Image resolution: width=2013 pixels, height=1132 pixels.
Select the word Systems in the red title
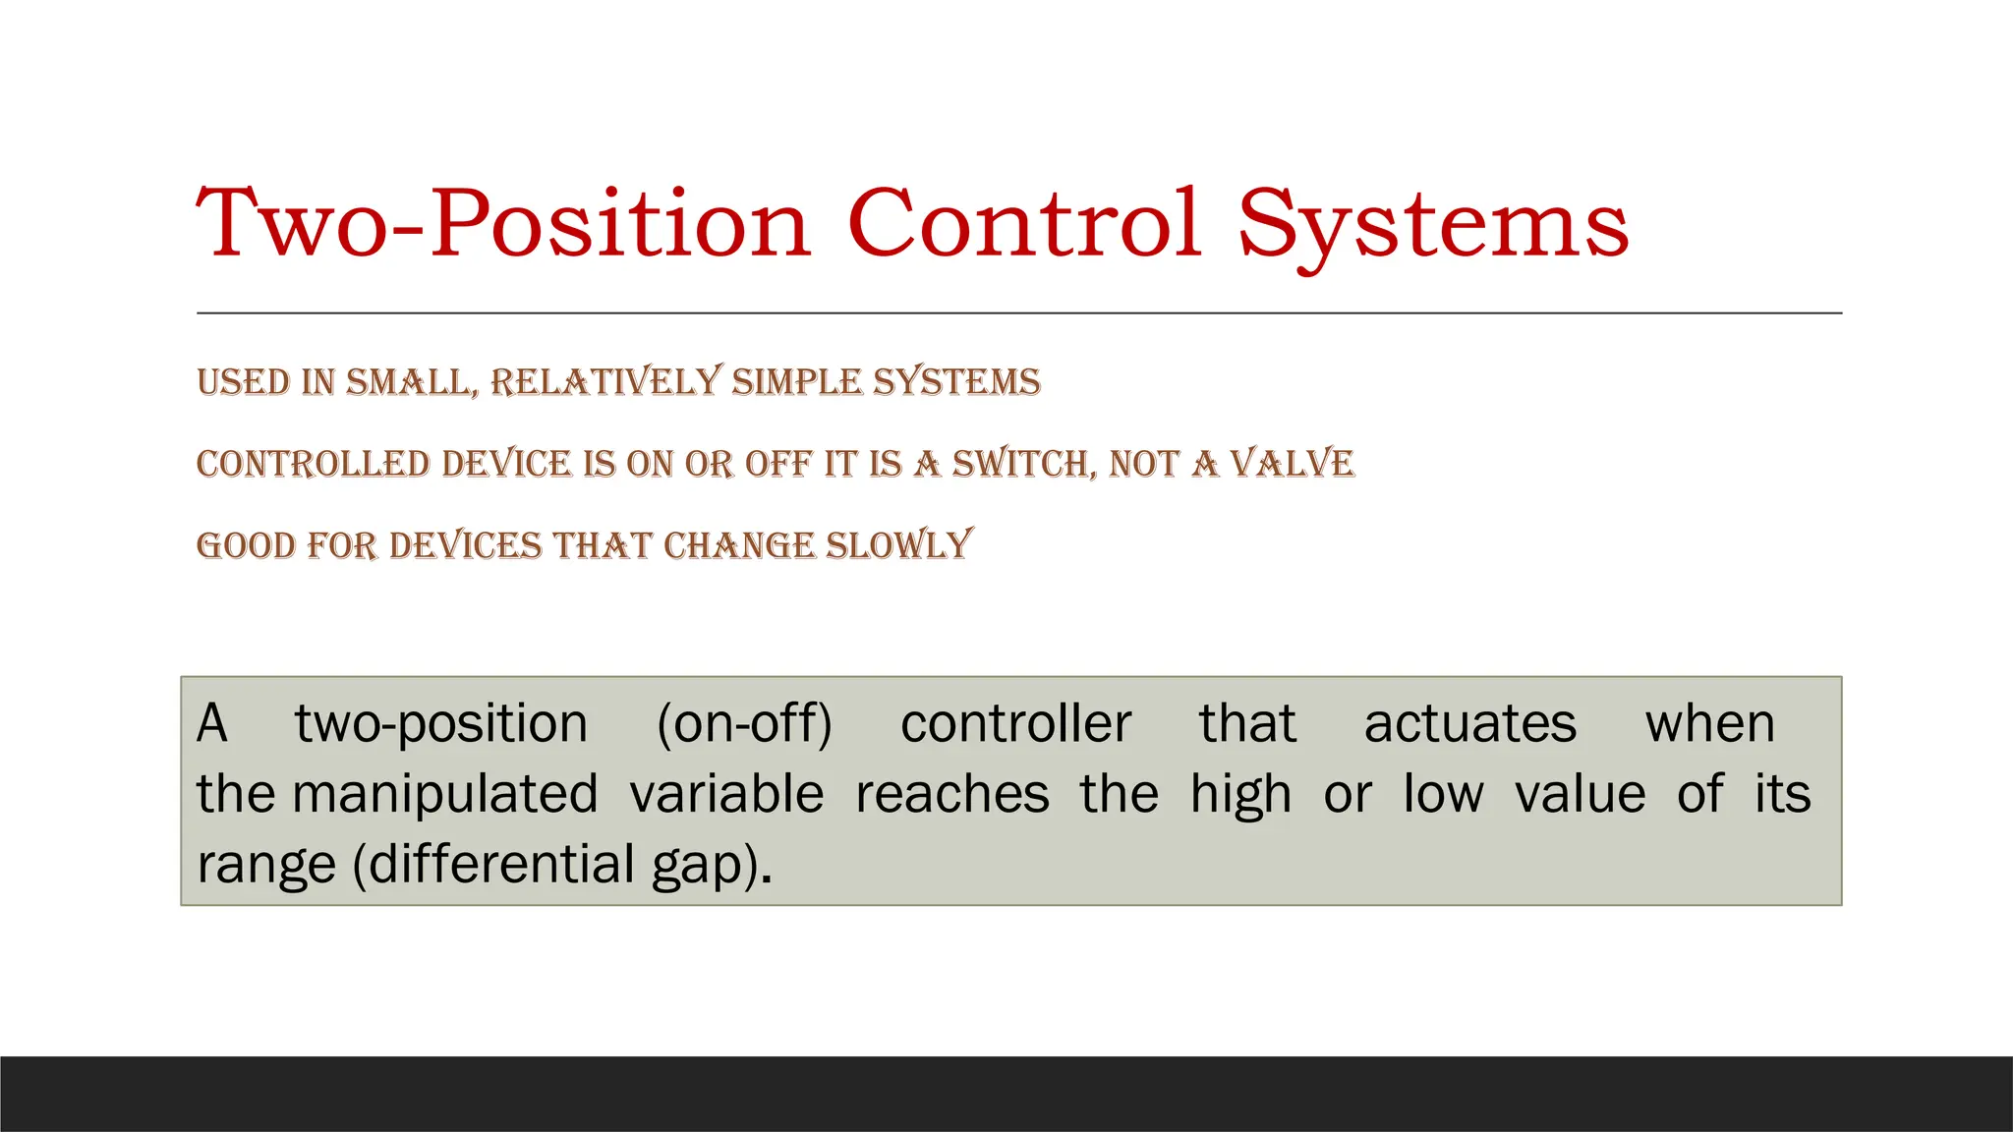1432,228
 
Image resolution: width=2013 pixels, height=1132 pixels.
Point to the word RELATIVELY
605,381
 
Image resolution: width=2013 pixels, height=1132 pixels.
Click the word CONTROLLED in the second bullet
314,464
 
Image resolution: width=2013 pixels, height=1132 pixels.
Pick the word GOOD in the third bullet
246,545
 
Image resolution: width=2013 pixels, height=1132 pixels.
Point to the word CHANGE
739,545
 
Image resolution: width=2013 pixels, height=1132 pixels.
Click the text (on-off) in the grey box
744,724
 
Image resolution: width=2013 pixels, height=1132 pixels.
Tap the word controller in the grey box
1015,724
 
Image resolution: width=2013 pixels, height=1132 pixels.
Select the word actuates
1469,724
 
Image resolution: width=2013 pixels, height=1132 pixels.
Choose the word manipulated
445,794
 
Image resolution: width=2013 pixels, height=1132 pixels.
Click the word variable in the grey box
726,794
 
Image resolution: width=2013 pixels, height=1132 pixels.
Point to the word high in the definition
1240,794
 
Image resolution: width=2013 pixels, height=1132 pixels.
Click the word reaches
951,794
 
